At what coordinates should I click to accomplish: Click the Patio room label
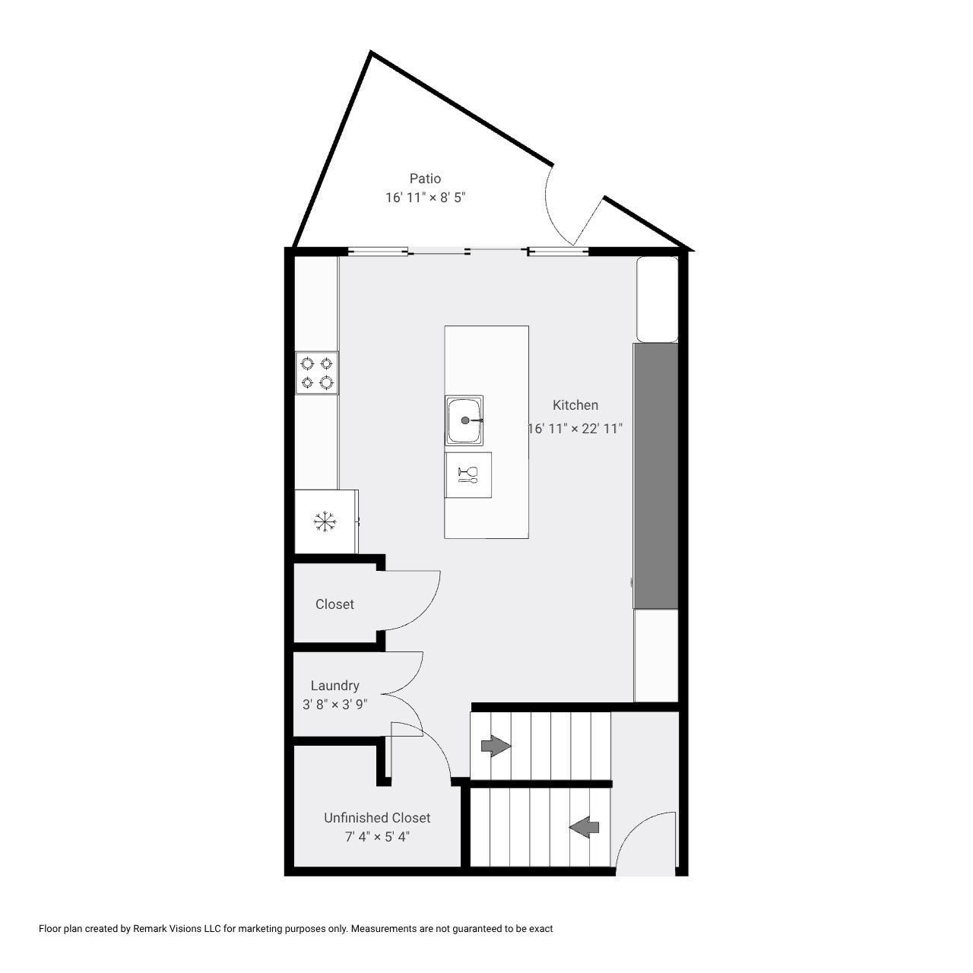click(425, 179)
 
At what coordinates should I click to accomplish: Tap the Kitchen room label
click(575, 405)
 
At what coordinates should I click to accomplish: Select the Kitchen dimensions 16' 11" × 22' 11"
click(575, 429)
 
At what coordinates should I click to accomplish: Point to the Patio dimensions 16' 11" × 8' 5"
click(425, 198)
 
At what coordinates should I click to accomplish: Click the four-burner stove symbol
click(317, 372)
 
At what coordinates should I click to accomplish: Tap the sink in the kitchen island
click(464, 420)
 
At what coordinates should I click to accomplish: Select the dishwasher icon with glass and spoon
click(467, 475)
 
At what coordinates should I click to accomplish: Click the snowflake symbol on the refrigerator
click(325, 521)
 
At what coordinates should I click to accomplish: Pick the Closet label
click(334, 604)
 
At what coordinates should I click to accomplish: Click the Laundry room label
click(334, 686)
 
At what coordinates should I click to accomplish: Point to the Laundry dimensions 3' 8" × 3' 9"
click(334, 705)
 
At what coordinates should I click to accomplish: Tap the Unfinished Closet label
click(377, 818)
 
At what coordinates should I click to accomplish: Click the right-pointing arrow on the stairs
click(496, 746)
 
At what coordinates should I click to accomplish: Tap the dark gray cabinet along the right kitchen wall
click(655, 475)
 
